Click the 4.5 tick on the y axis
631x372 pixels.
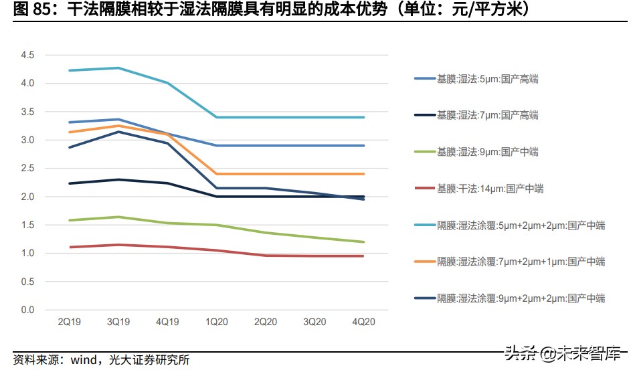coord(27,55)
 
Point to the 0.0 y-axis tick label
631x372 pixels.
coord(27,310)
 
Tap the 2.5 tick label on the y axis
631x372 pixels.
coord(27,169)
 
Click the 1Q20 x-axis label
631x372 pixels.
coord(217,322)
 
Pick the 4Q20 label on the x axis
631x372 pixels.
coord(364,322)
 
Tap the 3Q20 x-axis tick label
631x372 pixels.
coord(315,322)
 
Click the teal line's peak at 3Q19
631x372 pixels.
coord(118,68)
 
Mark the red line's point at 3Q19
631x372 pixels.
coord(118,245)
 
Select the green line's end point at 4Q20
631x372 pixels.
coord(364,242)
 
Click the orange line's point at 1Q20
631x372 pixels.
coord(217,174)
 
